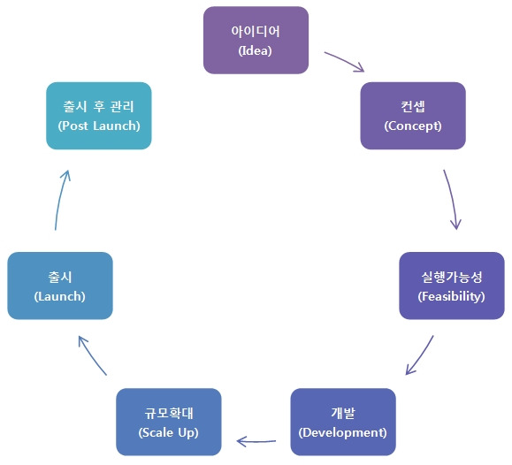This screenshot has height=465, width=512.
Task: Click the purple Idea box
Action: (x=256, y=40)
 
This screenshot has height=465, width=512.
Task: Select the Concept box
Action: (x=412, y=116)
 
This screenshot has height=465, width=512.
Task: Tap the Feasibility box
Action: (x=451, y=286)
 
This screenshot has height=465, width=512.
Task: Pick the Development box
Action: (x=342, y=422)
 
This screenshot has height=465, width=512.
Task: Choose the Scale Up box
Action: (x=168, y=422)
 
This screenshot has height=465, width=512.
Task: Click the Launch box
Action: (x=59, y=286)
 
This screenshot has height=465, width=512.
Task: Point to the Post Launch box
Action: (x=98, y=116)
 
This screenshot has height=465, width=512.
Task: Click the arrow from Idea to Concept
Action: (x=345, y=61)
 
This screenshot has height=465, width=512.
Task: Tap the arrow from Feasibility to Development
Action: (x=420, y=355)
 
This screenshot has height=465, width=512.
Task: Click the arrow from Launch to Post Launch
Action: (x=60, y=201)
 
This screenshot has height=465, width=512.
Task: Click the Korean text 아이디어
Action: (x=256, y=31)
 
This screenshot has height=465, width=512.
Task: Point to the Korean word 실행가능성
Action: (x=451, y=277)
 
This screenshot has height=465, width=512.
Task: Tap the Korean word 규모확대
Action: (x=168, y=413)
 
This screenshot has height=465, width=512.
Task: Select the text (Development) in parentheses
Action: (x=342, y=432)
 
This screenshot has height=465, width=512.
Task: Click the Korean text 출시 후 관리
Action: (x=98, y=107)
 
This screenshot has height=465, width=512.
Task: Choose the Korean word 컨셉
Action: (x=412, y=107)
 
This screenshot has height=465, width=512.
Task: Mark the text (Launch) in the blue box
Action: (x=59, y=296)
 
